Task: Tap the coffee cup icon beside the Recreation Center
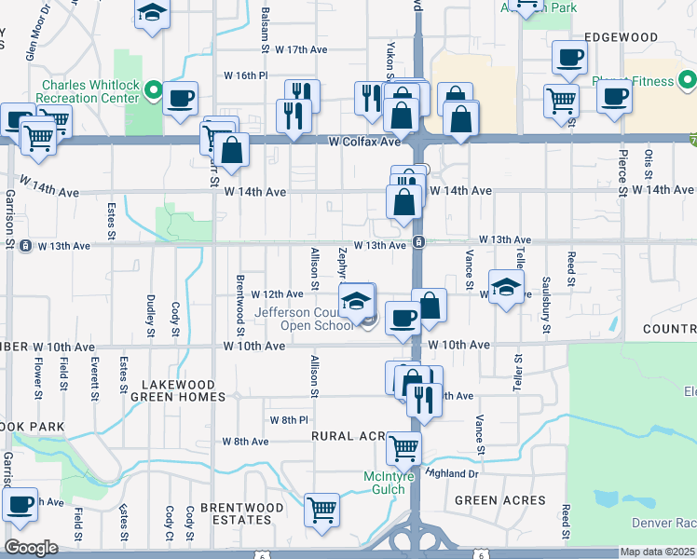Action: (x=180, y=97)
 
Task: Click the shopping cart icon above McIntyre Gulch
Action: (x=403, y=448)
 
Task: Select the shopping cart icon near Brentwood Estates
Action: (x=321, y=509)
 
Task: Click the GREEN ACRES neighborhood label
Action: (x=499, y=500)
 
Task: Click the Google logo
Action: (x=31, y=547)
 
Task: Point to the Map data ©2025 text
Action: (x=658, y=552)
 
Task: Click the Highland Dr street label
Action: (x=452, y=473)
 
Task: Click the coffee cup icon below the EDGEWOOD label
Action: (x=568, y=58)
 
